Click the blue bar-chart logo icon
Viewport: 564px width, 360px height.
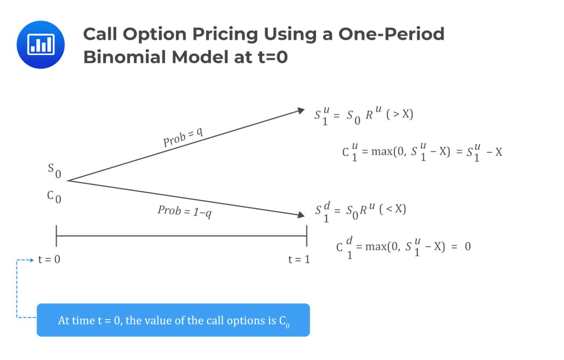40,44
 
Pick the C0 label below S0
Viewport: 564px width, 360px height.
54,196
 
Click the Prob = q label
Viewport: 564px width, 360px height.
183,137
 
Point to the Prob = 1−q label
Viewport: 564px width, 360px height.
185,211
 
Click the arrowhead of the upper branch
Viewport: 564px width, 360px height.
301,110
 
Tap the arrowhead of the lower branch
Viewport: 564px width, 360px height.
301,215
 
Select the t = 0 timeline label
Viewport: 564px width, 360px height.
49,259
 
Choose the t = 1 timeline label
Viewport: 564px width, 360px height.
299,259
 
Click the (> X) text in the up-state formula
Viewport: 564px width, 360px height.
400,114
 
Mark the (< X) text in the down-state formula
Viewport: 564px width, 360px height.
393,209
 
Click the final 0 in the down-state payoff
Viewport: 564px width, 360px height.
467,246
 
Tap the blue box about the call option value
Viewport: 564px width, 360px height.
173,320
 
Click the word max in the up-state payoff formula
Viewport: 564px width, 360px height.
382,151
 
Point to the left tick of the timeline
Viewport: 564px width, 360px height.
56,236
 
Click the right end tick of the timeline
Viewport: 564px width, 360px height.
307,236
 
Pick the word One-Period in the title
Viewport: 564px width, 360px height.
391,34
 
